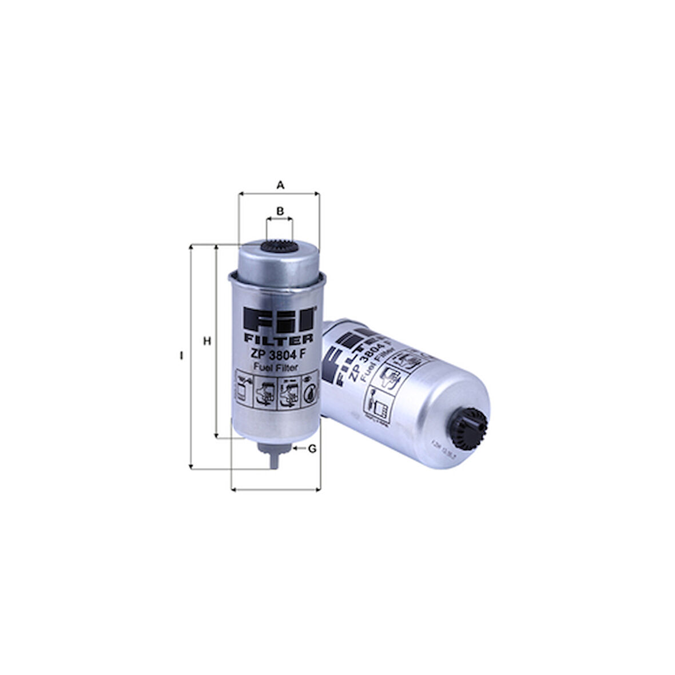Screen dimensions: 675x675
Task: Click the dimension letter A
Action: pos(280,185)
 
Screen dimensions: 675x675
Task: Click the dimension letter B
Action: pos(280,211)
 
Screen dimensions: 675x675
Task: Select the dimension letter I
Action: pos(181,356)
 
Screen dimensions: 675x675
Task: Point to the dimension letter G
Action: pos(312,449)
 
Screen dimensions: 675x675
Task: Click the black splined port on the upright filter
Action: pos(279,247)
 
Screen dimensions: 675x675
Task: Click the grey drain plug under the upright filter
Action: pos(274,454)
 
